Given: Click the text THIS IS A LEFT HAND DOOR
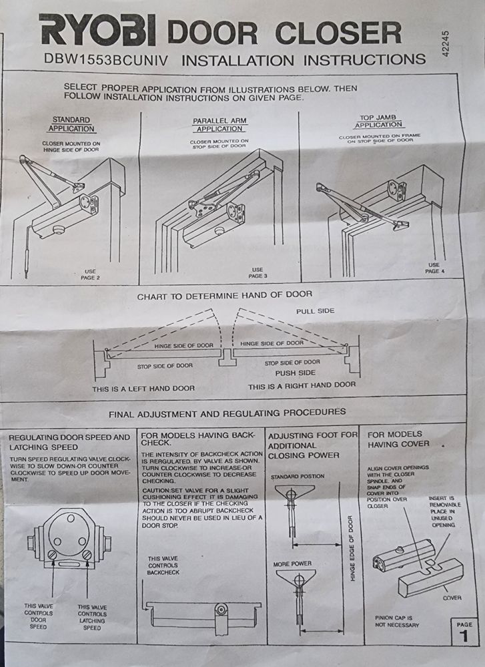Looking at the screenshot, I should pyautogui.click(x=144, y=388).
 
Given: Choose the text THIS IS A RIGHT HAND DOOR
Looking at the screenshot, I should pyautogui.click(x=302, y=385).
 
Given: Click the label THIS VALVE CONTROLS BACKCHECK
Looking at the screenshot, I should pyautogui.click(x=163, y=565).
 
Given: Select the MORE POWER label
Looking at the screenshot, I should pyautogui.click(x=292, y=564).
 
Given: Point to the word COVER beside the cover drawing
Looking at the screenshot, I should pyautogui.click(x=452, y=598).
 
